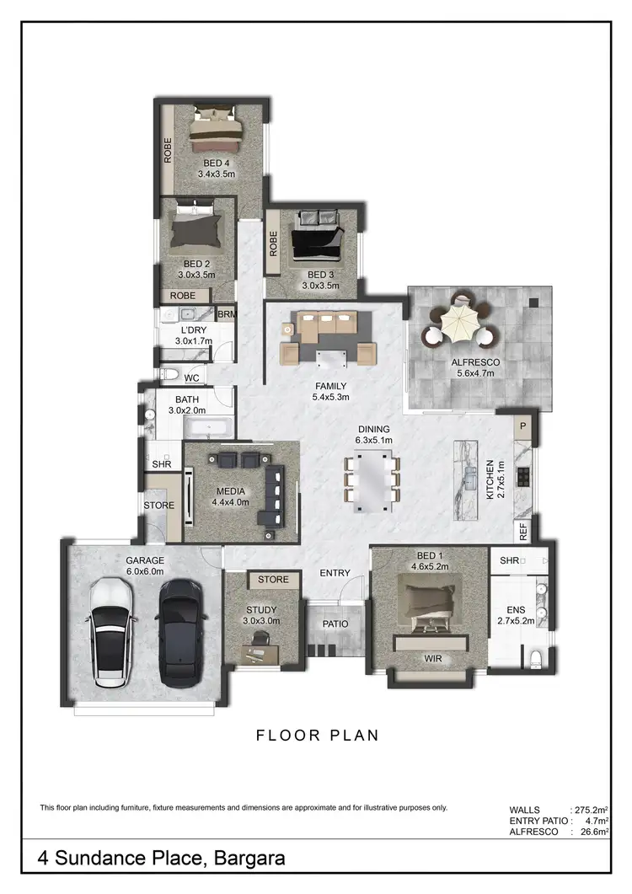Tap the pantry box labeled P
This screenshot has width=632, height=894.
[x=522, y=426]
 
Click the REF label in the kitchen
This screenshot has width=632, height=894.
[x=523, y=532]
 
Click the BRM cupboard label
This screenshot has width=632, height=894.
[x=226, y=315]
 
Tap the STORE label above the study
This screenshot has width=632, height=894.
[x=273, y=580]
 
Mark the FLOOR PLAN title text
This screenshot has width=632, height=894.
[x=317, y=735]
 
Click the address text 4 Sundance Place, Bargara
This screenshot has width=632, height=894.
[x=161, y=859]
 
